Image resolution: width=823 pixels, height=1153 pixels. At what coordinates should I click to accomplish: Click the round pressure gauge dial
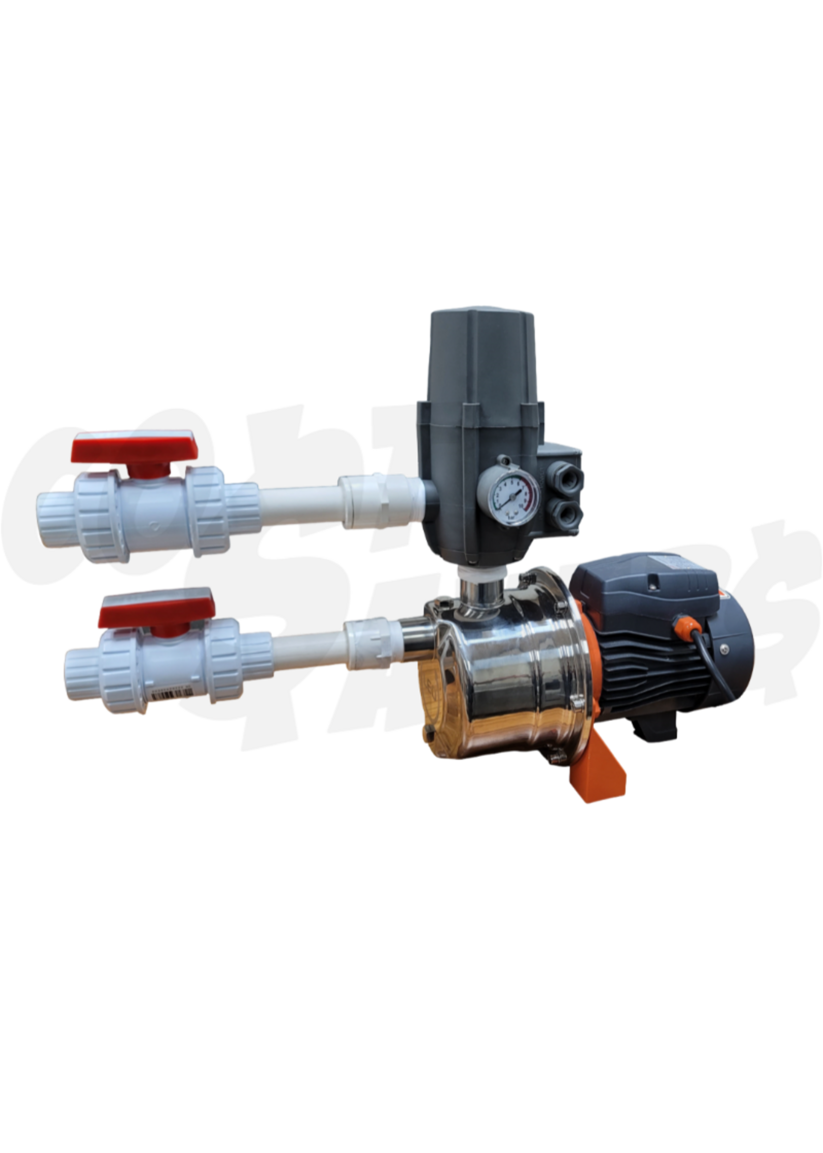(507, 493)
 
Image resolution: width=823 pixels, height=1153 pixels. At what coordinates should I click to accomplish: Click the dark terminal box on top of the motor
(644, 583)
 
